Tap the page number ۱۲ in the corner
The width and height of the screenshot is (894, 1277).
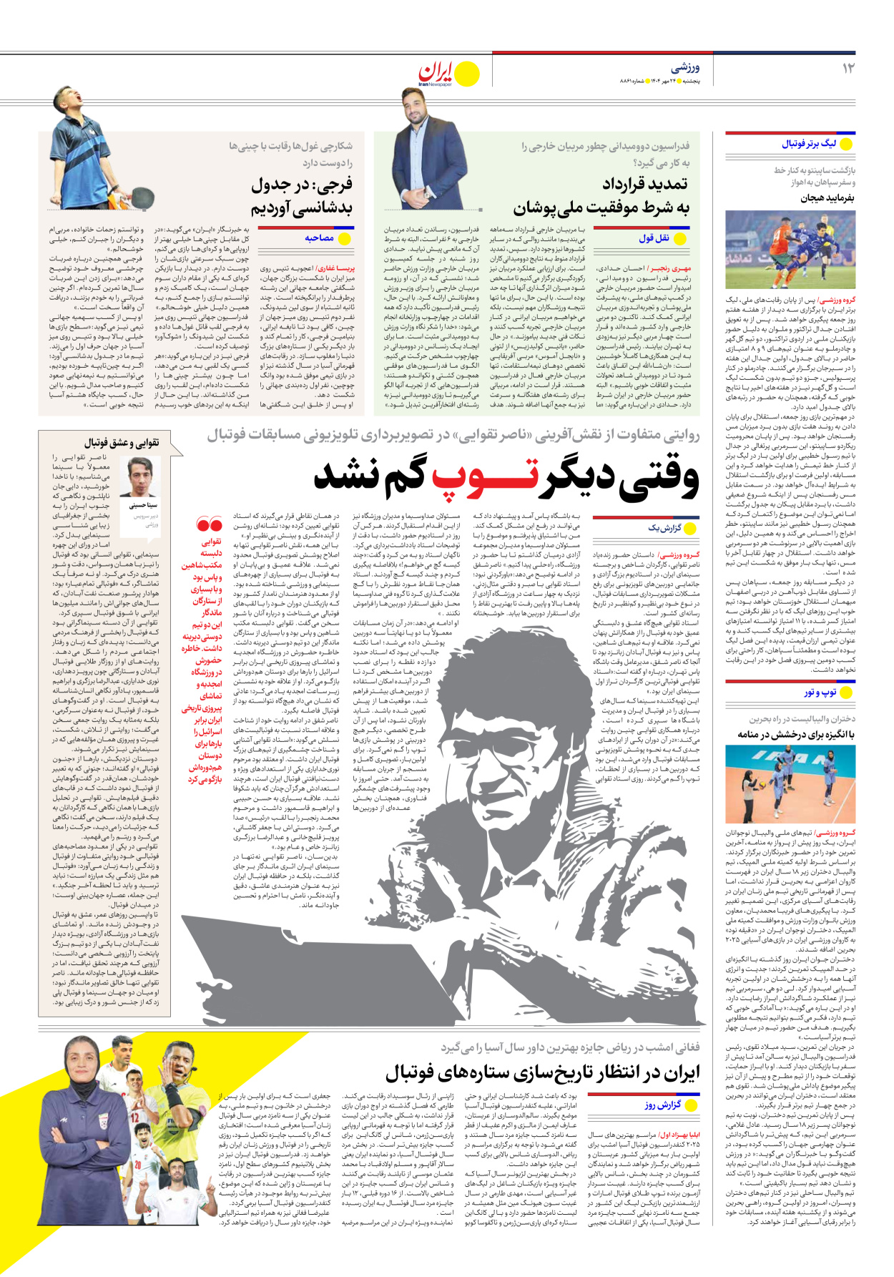(x=848, y=69)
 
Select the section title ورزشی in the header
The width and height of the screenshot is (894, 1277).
(x=685, y=68)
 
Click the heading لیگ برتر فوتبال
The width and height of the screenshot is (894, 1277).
(x=809, y=144)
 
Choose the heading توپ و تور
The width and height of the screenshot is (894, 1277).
(x=820, y=693)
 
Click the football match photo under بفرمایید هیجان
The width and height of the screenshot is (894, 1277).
(x=790, y=249)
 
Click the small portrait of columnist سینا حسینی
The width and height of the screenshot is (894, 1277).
(x=142, y=477)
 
